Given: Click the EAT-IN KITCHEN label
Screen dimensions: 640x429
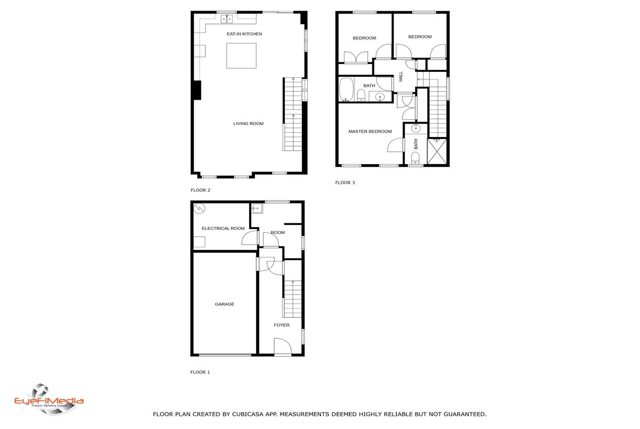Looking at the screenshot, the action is pyautogui.click(x=244, y=34).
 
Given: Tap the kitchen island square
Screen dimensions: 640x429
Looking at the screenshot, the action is pyautogui.click(x=242, y=55).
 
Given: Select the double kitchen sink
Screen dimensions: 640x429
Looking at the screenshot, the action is pyautogui.click(x=227, y=19).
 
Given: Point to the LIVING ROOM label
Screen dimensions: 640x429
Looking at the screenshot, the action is pyautogui.click(x=249, y=124).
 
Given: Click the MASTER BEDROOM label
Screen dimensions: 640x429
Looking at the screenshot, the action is pyautogui.click(x=370, y=132).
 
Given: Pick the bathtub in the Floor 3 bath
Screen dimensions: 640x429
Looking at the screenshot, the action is pyautogui.click(x=347, y=90).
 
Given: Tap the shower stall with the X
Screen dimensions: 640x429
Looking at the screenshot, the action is pyautogui.click(x=437, y=151).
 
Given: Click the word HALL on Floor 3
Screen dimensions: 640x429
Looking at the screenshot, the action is pyautogui.click(x=401, y=77).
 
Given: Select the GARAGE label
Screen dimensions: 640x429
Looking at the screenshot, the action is pyautogui.click(x=225, y=304).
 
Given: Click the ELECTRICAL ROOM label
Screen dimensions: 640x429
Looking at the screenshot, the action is pyautogui.click(x=223, y=228).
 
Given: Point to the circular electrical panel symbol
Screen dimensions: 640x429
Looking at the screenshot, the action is pyautogui.click(x=199, y=208).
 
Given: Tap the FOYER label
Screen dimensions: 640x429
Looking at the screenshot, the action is pyautogui.click(x=282, y=325).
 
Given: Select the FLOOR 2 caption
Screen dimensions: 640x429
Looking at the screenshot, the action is pyautogui.click(x=201, y=190).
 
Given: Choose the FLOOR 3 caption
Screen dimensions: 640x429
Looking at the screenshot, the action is pyautogui.click(x=345, y=183).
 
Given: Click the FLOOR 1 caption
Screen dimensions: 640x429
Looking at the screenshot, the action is pyautogui.click(x=200, y=372).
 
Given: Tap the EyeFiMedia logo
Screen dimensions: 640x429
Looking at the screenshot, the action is pyautogui.click(x=49, y=400).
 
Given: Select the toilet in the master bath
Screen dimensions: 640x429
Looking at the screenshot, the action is pyautogui.click(x=415, y=158).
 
